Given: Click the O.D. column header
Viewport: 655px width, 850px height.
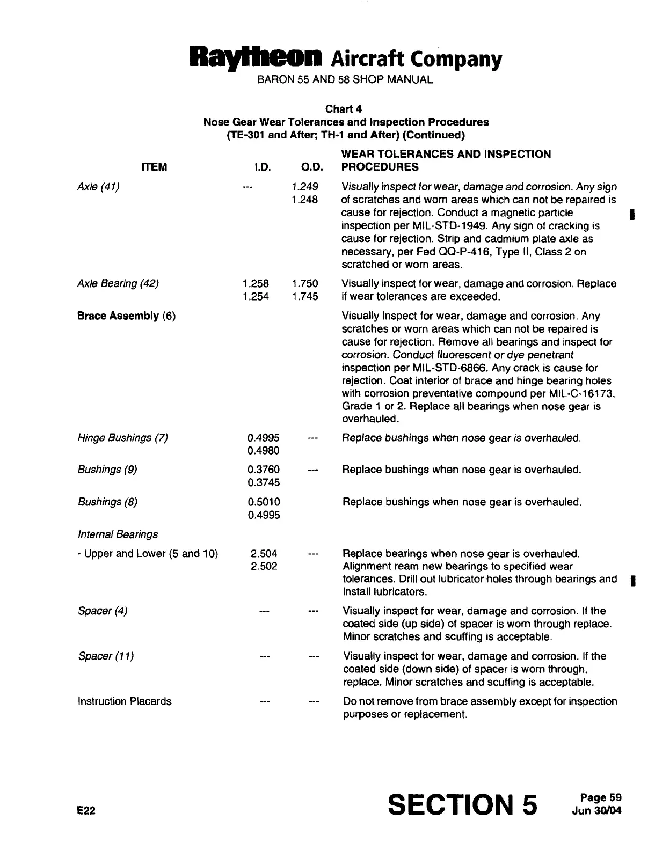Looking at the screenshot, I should click(x=309, y=167).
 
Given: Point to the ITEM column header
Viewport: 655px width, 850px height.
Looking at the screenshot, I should click(x=154, y=167).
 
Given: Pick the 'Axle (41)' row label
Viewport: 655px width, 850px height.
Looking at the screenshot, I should click(x=98, y=187).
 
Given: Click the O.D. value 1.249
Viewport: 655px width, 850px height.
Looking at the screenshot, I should click(x=305, y=187).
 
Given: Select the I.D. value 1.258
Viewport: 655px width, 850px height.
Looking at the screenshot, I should click(x=256, y=283).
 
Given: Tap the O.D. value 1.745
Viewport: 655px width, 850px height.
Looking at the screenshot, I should click(x=305, y=296).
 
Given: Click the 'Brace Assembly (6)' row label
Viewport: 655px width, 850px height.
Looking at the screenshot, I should click(x=127, y=316).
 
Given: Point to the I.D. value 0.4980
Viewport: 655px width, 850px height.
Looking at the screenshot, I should click(x=263, y=451).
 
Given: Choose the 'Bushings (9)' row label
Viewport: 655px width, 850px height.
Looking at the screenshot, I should click(x=107, y=470).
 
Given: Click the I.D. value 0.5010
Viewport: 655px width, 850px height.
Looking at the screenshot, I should click(x=264, y=502).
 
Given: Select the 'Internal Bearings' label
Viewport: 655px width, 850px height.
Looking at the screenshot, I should click(x=118, y=534).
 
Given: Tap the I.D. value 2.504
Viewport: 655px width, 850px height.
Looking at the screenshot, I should click(x=264, y=554).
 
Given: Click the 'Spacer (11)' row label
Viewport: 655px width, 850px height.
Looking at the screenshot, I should click(x=106, y=656).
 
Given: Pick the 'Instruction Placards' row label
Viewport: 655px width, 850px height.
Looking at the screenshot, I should click(x=125, y=701).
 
